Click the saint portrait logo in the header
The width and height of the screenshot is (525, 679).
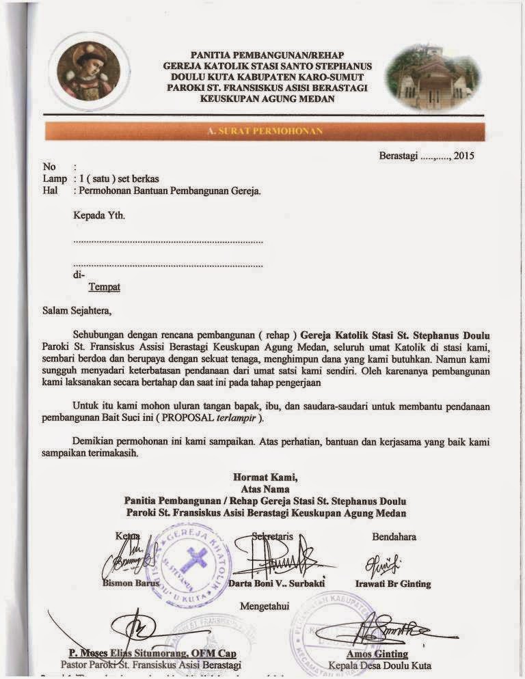(x=89, y=72)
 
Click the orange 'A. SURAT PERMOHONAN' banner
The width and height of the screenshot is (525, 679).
(x=264, y=130)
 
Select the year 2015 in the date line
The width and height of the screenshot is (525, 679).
(x=463, y=156)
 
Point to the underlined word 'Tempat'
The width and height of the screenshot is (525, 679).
(x=104, y=287)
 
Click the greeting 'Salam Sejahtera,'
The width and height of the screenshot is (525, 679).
(x=76, y=310)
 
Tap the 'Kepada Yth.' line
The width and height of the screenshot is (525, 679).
(x=99, y=216)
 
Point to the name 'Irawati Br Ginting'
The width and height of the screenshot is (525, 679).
(x=393, y=584)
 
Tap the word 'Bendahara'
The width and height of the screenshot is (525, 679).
(x=394, y=537)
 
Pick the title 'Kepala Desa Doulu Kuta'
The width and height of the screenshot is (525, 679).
(x=380, y=665)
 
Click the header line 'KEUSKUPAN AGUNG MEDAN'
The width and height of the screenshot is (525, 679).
(x=267, y=99)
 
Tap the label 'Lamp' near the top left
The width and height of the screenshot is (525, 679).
(x=55, y=178)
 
